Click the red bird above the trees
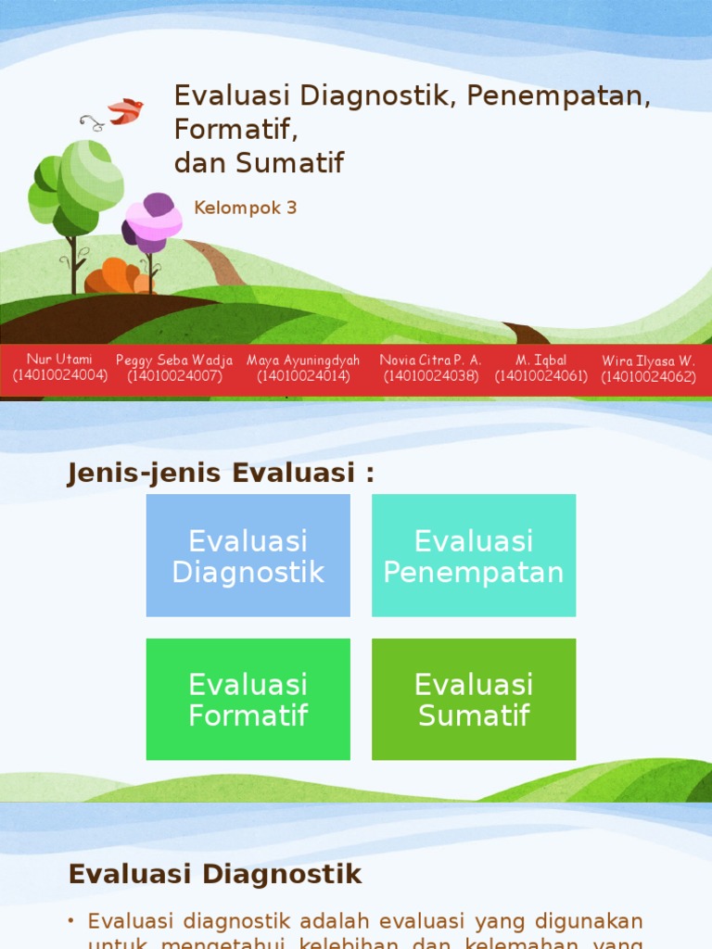point(125,111)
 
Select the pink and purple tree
point(153,223)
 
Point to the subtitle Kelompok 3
point(245,208)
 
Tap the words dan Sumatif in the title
point(259,163)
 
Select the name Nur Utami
point(59,360)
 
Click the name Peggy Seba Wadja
point(174,360)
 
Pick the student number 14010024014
point(303,376)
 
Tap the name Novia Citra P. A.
point(430,360)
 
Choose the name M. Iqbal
point(541,360)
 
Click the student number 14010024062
point(648,376)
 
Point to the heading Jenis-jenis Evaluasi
point(222,473)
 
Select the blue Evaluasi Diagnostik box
point(248,555)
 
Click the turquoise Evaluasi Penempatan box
point(474,555)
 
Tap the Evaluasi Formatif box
point(248,700)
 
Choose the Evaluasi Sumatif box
point(474,700)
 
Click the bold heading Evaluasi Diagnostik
point(215,874)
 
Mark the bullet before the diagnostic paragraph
point(72,921)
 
